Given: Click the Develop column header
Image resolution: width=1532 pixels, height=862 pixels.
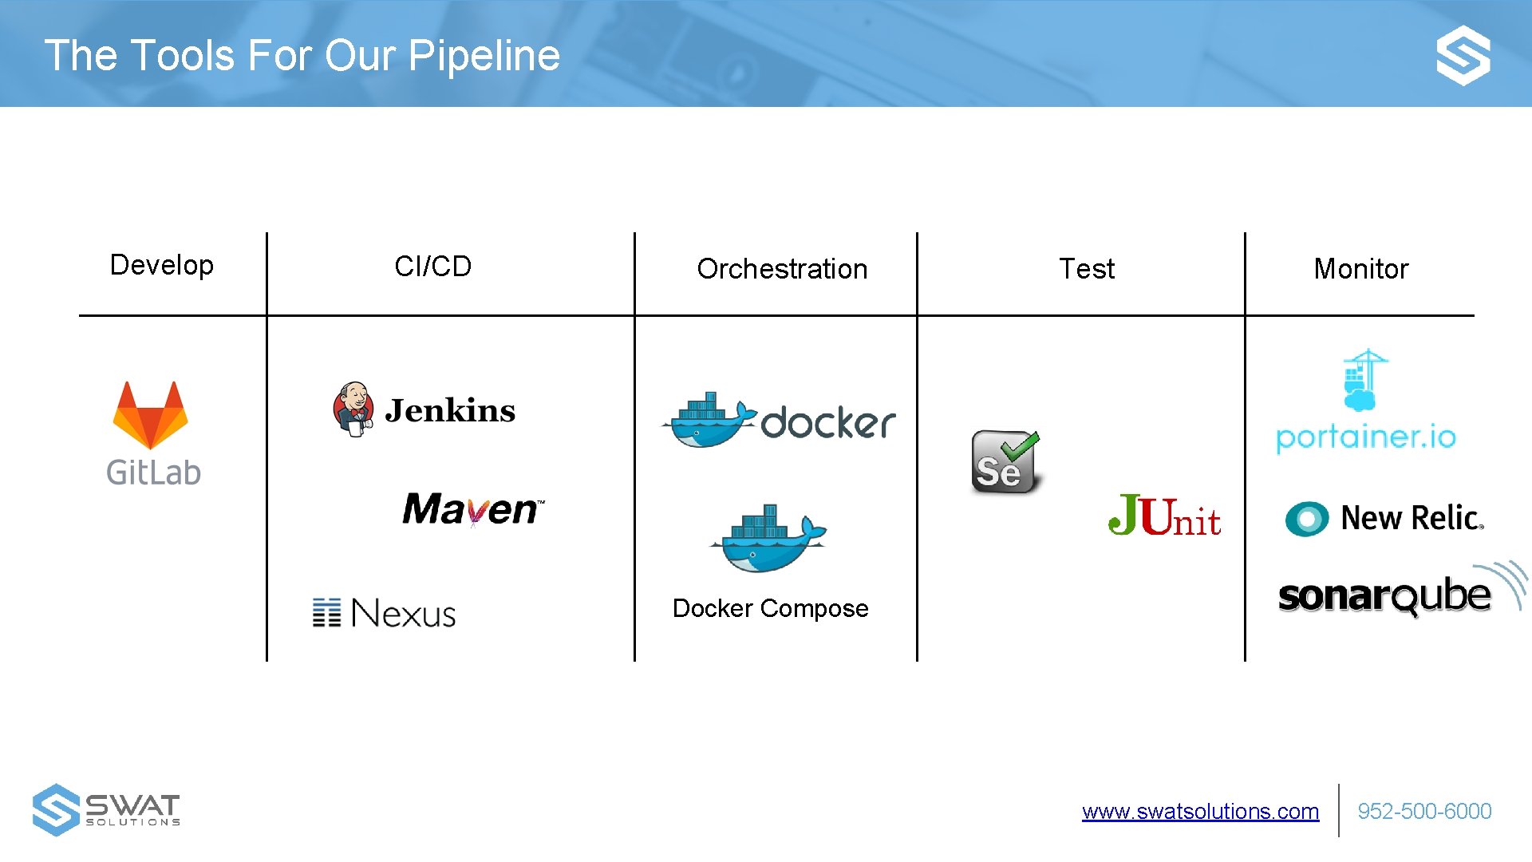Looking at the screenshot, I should (x=162, y=265).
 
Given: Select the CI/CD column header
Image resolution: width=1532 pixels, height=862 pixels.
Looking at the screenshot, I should (x=432, y=267).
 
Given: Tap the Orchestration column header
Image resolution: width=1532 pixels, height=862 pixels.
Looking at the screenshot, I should (x=782, y=269).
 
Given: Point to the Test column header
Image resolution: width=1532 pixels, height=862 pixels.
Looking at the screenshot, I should (x=1086, y=269).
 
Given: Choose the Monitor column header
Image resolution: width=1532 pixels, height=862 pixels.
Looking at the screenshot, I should (x=1360, y=269).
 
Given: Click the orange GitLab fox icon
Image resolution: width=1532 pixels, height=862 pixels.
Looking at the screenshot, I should (x=151, y=415).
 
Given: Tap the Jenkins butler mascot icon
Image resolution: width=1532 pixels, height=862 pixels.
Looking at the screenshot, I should (x=353, y=409).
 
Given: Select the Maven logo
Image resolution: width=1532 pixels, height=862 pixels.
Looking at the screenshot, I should (x=473, y=509).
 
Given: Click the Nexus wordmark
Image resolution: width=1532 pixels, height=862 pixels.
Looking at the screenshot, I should (x=403, y=613).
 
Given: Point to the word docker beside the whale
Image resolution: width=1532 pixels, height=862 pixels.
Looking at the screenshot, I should (x=828, y=422).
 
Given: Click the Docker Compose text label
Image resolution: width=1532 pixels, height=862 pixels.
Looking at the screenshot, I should (x=770, y=608).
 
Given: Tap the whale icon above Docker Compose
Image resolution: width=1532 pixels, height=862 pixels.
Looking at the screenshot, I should (x=768, y=539).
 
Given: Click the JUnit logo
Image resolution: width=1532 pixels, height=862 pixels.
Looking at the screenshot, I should (x=1164, y=516).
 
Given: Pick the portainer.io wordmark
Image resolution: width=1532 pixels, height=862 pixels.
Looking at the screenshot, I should (x=1366, y=437).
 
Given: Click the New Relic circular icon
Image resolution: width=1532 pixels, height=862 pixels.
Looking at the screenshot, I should (x=1306, y=519).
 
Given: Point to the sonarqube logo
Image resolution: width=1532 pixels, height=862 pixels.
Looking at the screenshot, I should (x=1384, y=595).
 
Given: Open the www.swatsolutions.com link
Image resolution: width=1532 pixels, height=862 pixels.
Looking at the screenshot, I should (x=1200, y=812).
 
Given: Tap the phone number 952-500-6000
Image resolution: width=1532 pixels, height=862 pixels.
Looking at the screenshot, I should (x=1424, y=812).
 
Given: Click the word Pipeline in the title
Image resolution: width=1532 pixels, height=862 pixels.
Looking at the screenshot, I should (x=484, y=56).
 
